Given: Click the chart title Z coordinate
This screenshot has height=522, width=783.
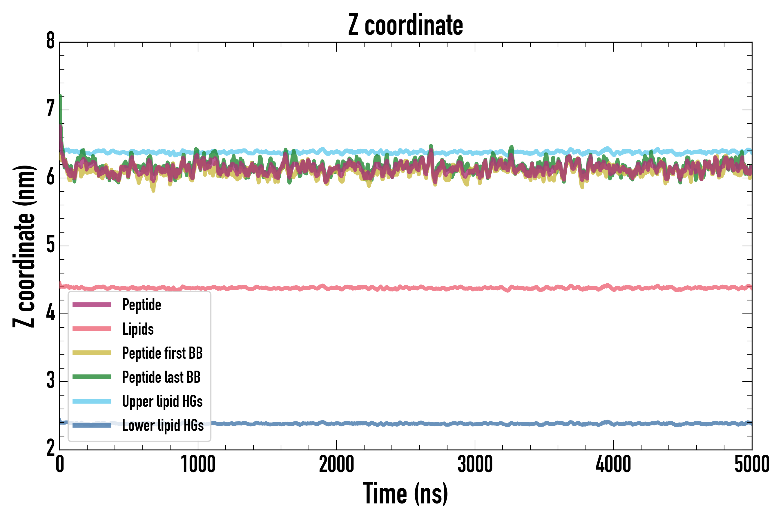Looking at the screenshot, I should tap(405, 25).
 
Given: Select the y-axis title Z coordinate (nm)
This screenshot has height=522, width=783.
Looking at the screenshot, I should tap(24, 246).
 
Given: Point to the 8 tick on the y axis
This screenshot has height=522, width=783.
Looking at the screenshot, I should tap(50, 42).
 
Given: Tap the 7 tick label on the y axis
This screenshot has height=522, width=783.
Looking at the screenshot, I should tap(50, 110).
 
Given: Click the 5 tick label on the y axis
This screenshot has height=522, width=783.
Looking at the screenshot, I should tap(50, 245).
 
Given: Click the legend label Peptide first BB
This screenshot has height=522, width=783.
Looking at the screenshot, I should tap(162, 353).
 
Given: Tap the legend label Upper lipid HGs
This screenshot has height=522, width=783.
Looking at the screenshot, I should tap(162, 401).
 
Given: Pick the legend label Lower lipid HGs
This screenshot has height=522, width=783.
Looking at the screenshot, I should tap(163, 425).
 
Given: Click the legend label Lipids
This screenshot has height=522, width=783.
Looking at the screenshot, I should tap(138, 329).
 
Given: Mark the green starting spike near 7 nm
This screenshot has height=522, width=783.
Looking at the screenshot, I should tap(61, 100).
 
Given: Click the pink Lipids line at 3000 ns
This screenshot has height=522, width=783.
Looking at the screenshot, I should tap(475, 288).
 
